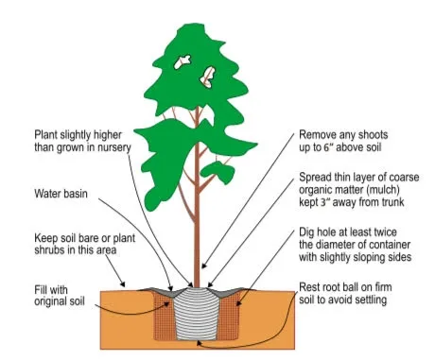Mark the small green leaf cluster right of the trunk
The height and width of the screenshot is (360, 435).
coord(218,172)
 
